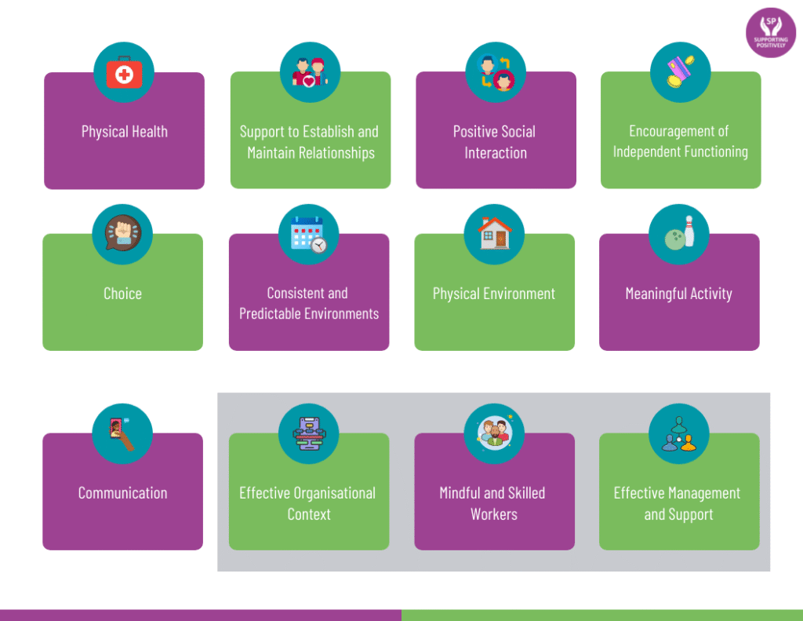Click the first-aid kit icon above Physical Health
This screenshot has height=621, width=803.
pyautogui.click(x=124, y=73)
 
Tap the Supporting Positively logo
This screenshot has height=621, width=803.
pyautogui.click(x=771, y=33)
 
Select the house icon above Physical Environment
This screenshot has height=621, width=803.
pyautogui.click(x=494, y=234)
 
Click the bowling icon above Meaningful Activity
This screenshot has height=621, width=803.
pyautogui.click(x=679, y=234)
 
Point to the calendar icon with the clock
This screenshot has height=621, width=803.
pyautogui.click(x=308, y=234)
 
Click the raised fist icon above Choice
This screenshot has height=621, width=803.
pyautogui.click(x=122, y=234)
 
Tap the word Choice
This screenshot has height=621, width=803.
pyautogui.click(x=122, y=294)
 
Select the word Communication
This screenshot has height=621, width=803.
pyautogui.click(x=122, y=493)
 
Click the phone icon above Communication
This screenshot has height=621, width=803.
pyautogui.click(x=122, y=433)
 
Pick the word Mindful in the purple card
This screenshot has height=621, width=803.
pyautogui.click(x=459, y=493)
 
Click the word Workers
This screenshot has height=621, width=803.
pyautogui.click(x=494, y=514)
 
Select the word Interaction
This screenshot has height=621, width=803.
pyautogui.click(x=496, y=152)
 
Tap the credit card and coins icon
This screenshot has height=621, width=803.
pyautogui.click(x=680, y=72)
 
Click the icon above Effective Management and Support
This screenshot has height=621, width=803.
pyautogui.click(x=679, y=433)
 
